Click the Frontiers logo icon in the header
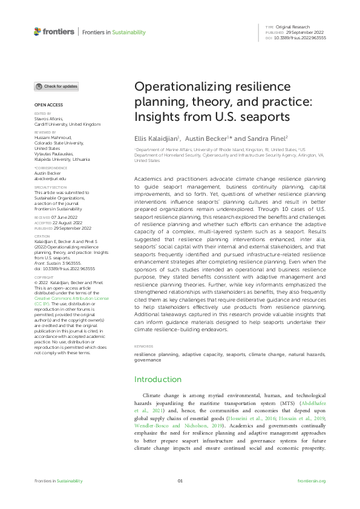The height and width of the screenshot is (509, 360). pos(38,31)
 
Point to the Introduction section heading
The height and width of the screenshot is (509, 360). pos(158,379)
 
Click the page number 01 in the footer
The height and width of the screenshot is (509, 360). pos(180,481)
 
